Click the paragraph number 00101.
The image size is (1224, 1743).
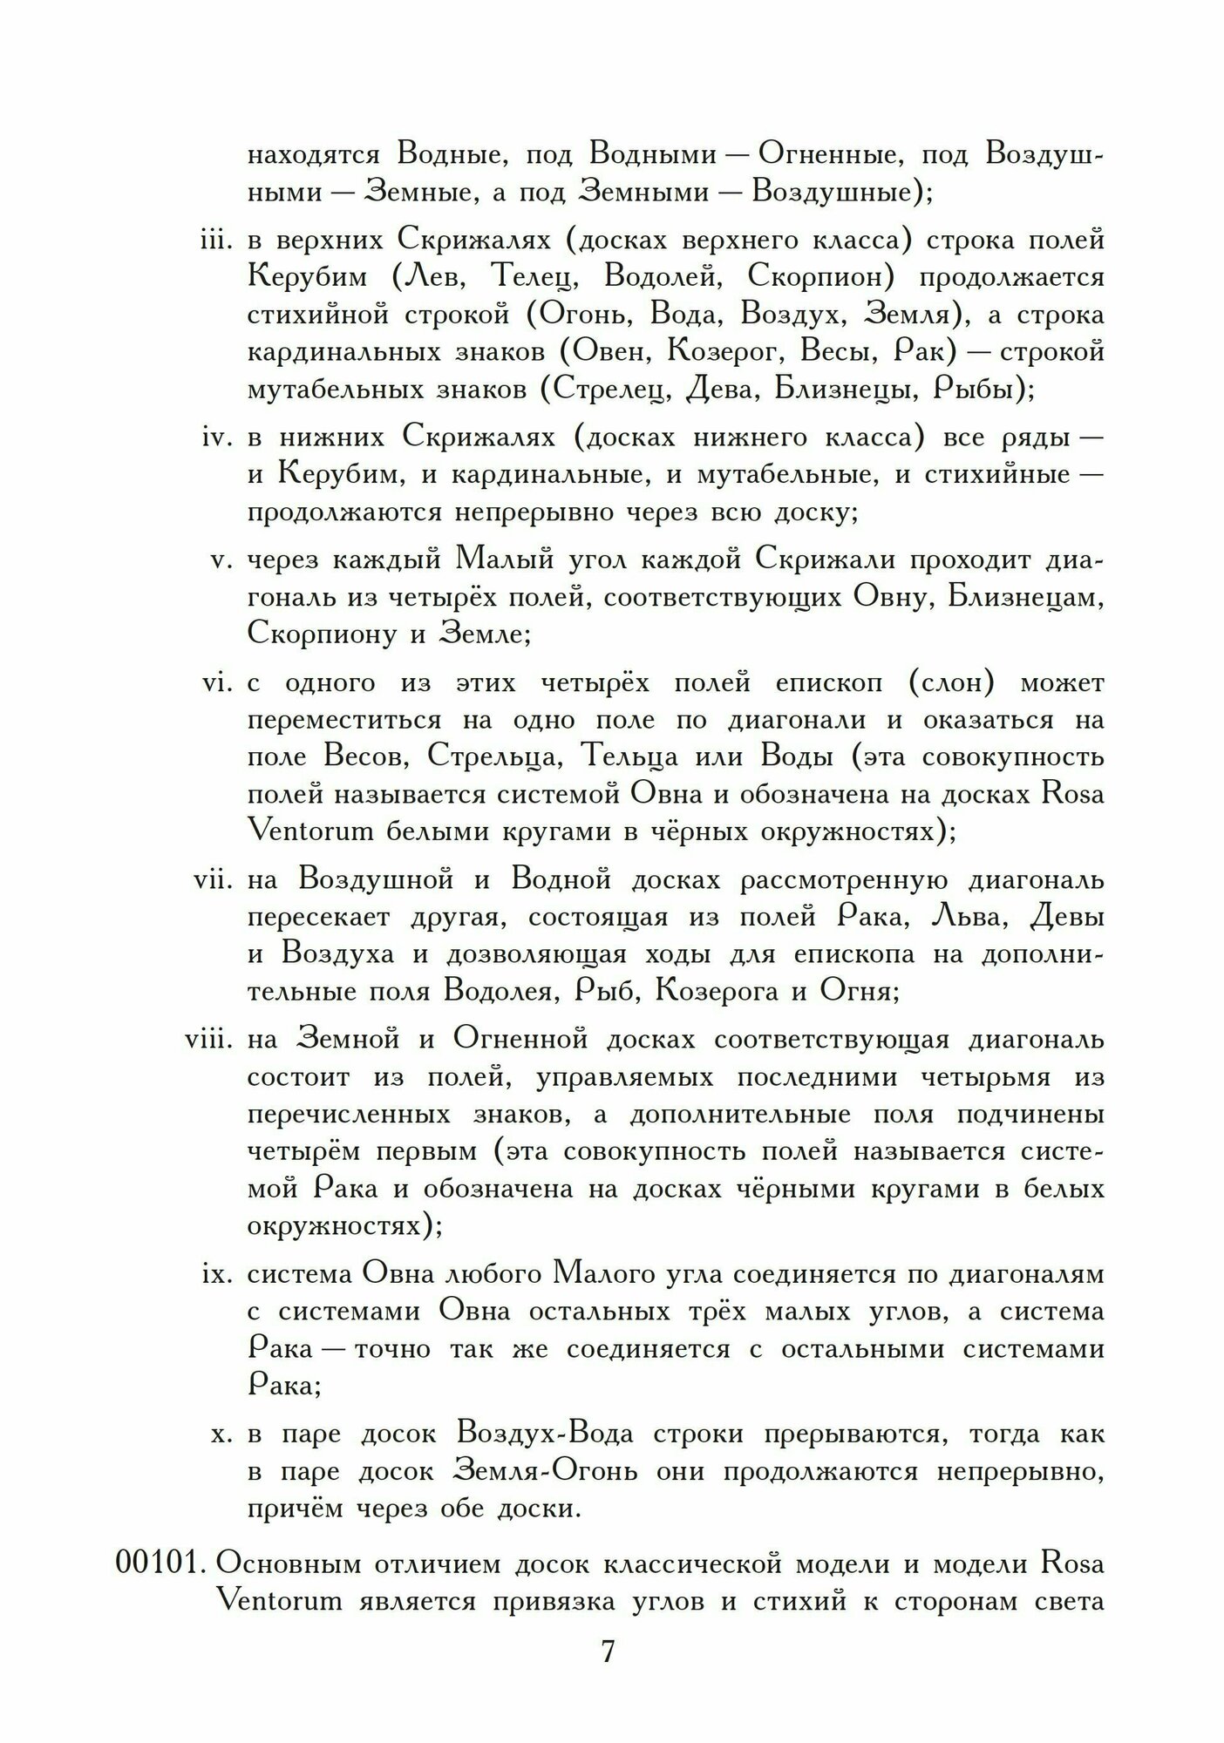(160, 1564)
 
